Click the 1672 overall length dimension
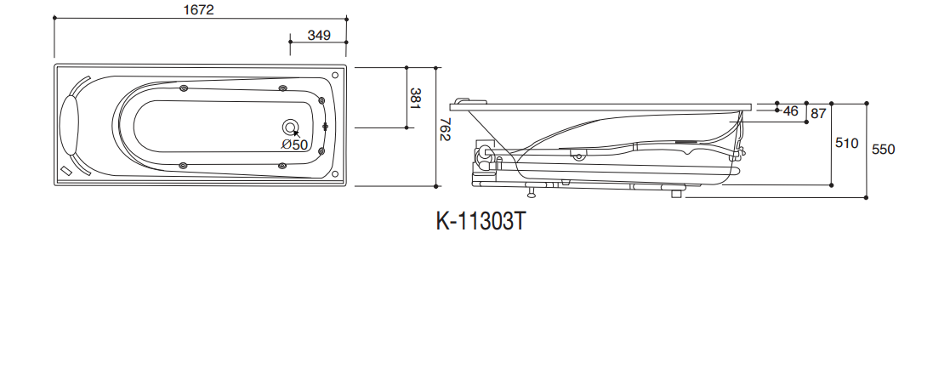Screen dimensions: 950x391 [x=199, y=9]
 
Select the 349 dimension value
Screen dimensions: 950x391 [x=319, y=35]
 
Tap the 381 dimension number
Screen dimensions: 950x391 [x=415, y=98]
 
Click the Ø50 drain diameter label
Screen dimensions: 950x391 [x=294, y=144]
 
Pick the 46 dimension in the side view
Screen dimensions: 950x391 [x=791, y=110]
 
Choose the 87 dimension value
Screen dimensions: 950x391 [x=818, y=113]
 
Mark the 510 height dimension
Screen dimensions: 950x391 [x=846, y=143]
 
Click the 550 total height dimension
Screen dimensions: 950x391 [x=883, y=149]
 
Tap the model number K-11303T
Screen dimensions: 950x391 [x=481, y=222]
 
